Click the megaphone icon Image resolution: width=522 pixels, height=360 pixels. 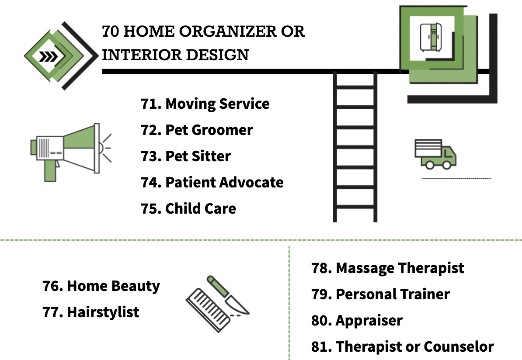[x=70, y=152]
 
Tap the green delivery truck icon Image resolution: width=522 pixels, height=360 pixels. [x=435, y=154]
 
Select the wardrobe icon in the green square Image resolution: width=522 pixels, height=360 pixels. [x=431, y=37]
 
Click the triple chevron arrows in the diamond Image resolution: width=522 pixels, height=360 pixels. [x=48, y=56]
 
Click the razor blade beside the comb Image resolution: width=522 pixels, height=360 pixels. [x=228, y=295]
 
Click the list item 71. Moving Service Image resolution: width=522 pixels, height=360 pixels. [x=205, y=104]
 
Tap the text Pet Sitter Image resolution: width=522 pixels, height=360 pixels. [x=198, y=156]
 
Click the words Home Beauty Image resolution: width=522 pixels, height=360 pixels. [x=114, y=286]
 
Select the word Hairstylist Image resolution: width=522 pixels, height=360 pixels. [x=103, y=312]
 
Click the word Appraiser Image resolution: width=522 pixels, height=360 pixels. [x=369, y=321]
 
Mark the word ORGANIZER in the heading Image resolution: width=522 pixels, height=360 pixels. [x=228, y=31]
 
